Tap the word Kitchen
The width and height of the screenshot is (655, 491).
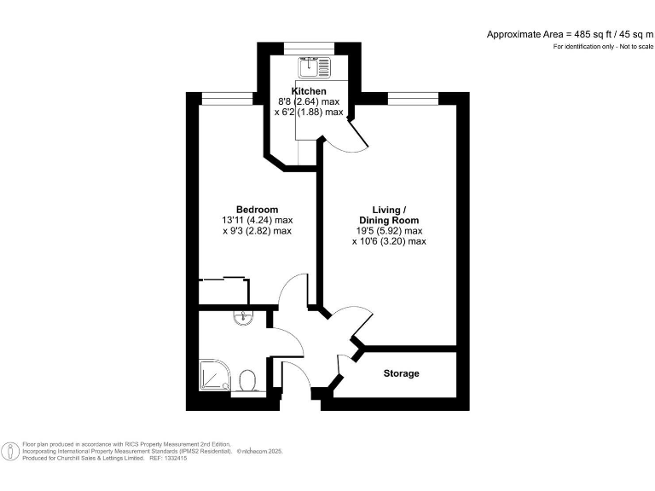coord(309,91)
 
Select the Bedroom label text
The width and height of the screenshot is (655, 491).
coord(257,210)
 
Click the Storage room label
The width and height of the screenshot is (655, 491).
coord(401,373)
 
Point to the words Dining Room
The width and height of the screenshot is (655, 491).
coord(389,220)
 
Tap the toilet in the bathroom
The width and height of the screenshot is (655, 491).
coord(248,378)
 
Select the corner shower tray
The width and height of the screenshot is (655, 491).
coord(213,376)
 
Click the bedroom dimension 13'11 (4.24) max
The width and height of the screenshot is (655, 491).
coord(257,220)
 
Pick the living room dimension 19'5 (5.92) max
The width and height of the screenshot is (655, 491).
coord(389,231)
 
